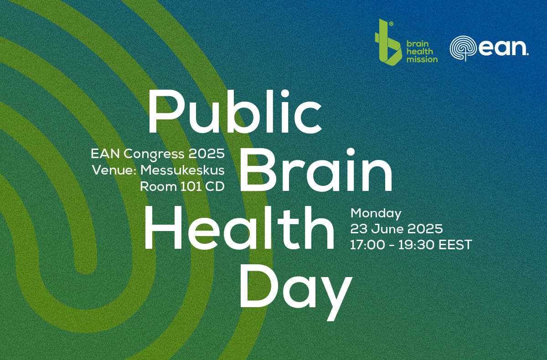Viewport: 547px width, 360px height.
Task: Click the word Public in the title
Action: pyautogui.click(x=234, y=112)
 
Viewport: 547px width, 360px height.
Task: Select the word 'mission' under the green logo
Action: pyautogui.click(x=422, y=59)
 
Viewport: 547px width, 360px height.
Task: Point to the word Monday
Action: pyautogui.click(x=376, y=213)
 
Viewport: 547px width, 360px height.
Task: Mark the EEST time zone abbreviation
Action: pyautogui.click(x=454, y=245)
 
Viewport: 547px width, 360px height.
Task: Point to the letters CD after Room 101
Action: pyautogui.click(x=214, y=186)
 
